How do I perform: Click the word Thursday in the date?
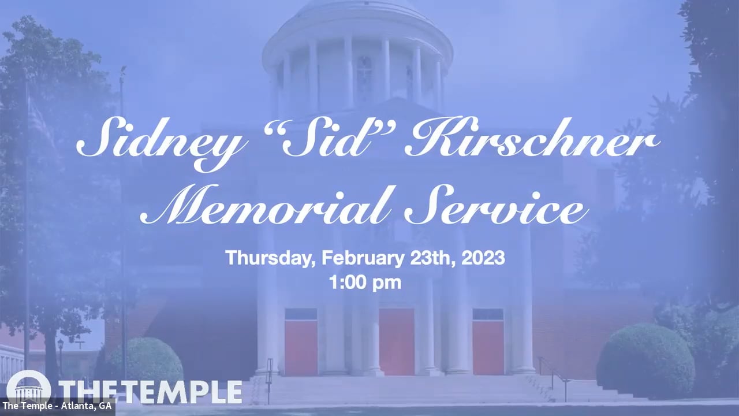click(x=269, y=258)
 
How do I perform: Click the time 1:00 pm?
click(x=365, y=283)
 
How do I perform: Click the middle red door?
click(x=397, y=341)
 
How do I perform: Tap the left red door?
click(x=301, y=347)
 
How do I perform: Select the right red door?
click(x=488, y=347)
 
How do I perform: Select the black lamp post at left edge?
click(x=60, y=358)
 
